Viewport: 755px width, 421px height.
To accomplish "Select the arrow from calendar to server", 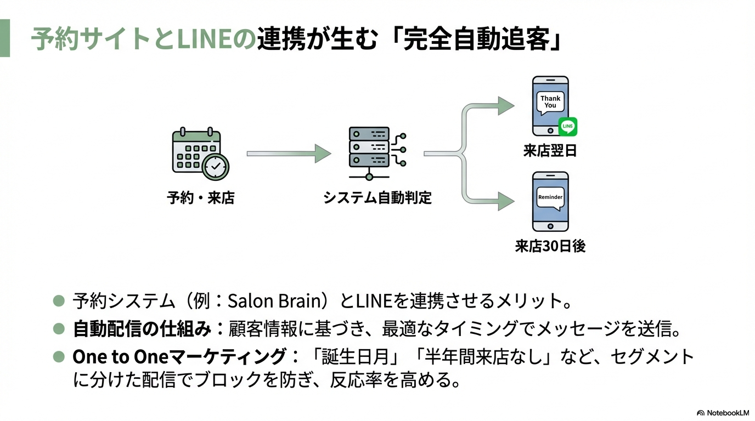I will tap(289, 154).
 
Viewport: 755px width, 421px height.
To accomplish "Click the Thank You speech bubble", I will tap(550, 103).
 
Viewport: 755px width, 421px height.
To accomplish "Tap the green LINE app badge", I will tap(567, 127).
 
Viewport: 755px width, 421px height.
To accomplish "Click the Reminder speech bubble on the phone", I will tap(550, 197).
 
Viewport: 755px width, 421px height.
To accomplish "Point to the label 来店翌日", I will tap(550, 151).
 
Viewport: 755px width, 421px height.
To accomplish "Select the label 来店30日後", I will tap(550, 246).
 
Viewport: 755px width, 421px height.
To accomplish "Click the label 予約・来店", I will tap(200, 198).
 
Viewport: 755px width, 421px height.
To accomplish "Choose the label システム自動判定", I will tap(377, 198).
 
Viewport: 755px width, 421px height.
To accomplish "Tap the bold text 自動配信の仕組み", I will tap(142, 329).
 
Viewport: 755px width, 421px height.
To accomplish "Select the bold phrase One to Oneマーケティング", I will tap(179, 357).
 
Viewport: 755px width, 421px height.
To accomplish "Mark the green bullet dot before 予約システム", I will tap(59, 300).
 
